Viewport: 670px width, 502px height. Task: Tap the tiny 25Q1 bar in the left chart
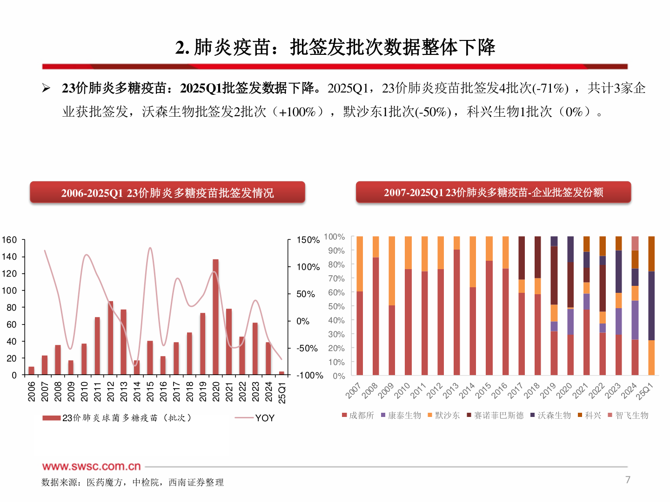tap(281, 373)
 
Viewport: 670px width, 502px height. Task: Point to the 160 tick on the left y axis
tap(9, 240)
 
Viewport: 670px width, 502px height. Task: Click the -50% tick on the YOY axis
tap(307, 348)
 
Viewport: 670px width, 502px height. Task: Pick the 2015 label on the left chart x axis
tap(150, 391)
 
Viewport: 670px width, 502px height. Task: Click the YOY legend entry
tap(264, 418)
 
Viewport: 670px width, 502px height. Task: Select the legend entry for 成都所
tap(361, 415)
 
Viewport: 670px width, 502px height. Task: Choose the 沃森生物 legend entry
tap(554, 415)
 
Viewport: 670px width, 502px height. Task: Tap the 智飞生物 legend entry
tap(631, 415)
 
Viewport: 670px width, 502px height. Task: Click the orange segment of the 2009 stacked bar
tap(392, 271)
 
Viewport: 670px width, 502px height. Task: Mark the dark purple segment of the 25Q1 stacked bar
tap(651, 305)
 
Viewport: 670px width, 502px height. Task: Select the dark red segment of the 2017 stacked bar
tap(522, 258)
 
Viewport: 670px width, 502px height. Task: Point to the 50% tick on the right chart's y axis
tap(336, 306)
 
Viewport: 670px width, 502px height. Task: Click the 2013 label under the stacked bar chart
tap(450, 391)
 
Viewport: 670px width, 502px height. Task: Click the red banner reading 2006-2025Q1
tap(167, 192)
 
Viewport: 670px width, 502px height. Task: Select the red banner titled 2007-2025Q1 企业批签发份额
tap(493, 192)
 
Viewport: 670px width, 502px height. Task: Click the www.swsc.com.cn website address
tap(91, 466)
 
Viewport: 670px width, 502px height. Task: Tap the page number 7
tap(628, 480)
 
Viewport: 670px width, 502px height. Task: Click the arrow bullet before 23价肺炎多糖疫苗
tap(46, 88)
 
